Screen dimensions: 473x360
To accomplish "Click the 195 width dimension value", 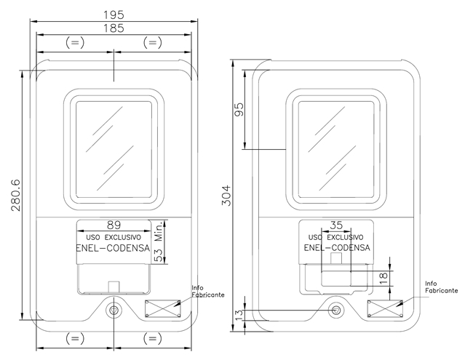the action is tap(114, 15).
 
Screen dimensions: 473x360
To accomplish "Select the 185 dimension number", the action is tap(114, 28).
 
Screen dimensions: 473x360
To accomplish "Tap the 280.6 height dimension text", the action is tap(16, 195).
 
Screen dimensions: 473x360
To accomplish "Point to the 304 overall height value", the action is tap(226, 196).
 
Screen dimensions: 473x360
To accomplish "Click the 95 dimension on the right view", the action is tap(239, 109).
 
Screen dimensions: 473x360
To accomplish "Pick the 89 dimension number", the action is tap(114, 225).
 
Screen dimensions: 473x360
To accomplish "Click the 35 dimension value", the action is tap(336, 225).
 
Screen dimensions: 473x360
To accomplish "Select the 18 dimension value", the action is tap(383, 279).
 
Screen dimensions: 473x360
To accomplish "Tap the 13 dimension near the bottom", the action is tap(239, 315).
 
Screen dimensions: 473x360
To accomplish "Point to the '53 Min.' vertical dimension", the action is tap(159, 241).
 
